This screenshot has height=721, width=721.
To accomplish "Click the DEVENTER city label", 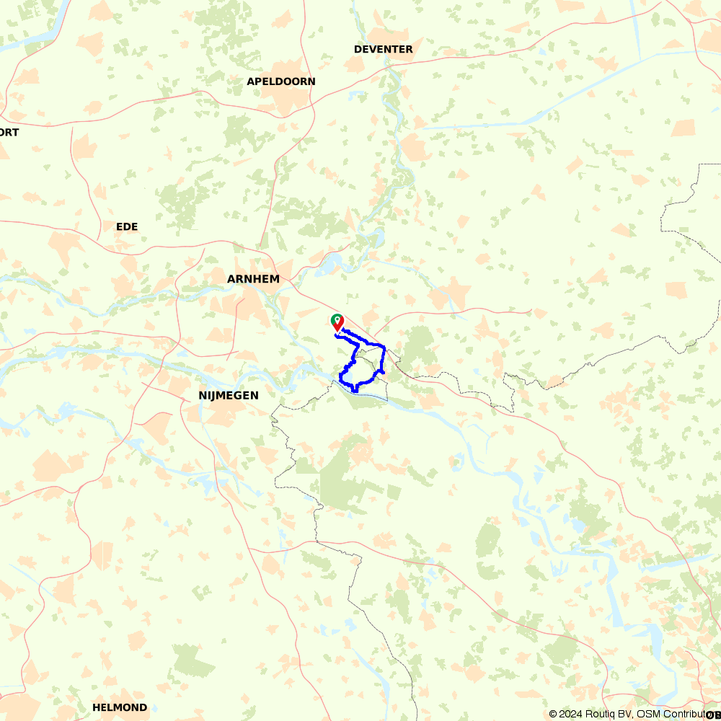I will coord(384,49).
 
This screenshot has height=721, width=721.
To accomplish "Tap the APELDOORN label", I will coord(281,81).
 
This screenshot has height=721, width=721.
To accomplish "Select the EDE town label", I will coord(127,226).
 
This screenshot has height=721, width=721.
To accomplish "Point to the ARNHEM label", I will coord(252,279).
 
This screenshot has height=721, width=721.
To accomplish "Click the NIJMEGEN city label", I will coord(229,395).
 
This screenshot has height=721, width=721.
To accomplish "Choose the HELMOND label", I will coord(120,707).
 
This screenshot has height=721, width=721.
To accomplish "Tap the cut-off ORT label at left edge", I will coord(9,132).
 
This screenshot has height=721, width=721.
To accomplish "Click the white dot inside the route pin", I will coord(336,319).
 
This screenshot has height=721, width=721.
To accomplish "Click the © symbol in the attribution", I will coord(553,714).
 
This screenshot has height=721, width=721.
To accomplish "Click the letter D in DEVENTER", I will coord(358,49).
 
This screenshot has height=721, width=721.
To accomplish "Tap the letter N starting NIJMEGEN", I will coord(203,395).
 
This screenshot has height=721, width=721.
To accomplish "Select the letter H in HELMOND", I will coord(97,707).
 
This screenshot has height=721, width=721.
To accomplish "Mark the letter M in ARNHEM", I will coord(274,279).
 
